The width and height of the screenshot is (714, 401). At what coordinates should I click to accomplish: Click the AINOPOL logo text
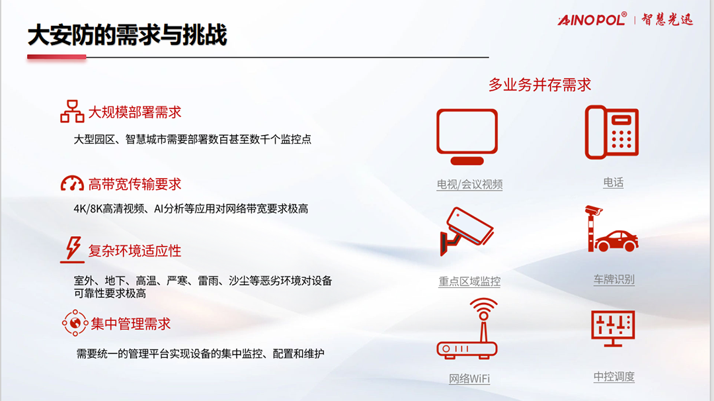(592, 20)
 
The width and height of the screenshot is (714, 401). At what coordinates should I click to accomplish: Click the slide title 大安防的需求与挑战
(127, 35)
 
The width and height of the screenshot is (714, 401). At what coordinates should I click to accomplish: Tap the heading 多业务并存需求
(539, 85)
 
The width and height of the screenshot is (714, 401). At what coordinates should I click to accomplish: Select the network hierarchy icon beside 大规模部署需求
(72, 112)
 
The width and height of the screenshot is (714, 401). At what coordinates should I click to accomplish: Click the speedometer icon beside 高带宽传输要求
(72, 183)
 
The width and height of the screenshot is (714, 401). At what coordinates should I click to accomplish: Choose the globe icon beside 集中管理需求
(75, 323)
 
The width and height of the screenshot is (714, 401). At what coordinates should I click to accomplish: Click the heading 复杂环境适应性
(135, 251)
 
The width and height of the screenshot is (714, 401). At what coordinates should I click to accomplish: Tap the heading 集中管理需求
(131, 324)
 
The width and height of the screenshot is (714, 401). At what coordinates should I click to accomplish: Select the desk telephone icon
(612, 132)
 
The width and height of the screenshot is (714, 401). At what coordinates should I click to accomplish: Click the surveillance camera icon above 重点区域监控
(466, 231)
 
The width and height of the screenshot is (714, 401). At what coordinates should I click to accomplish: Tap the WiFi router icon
(467, 328)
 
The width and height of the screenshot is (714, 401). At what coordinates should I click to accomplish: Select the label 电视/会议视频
(469, 184)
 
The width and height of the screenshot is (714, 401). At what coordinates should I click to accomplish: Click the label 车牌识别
(614, 279)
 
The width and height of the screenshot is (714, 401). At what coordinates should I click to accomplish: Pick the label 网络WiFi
(469, 379)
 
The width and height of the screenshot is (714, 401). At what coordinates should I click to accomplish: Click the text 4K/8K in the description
(88, 208)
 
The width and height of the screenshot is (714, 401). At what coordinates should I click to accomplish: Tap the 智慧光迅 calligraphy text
(667, 20)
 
